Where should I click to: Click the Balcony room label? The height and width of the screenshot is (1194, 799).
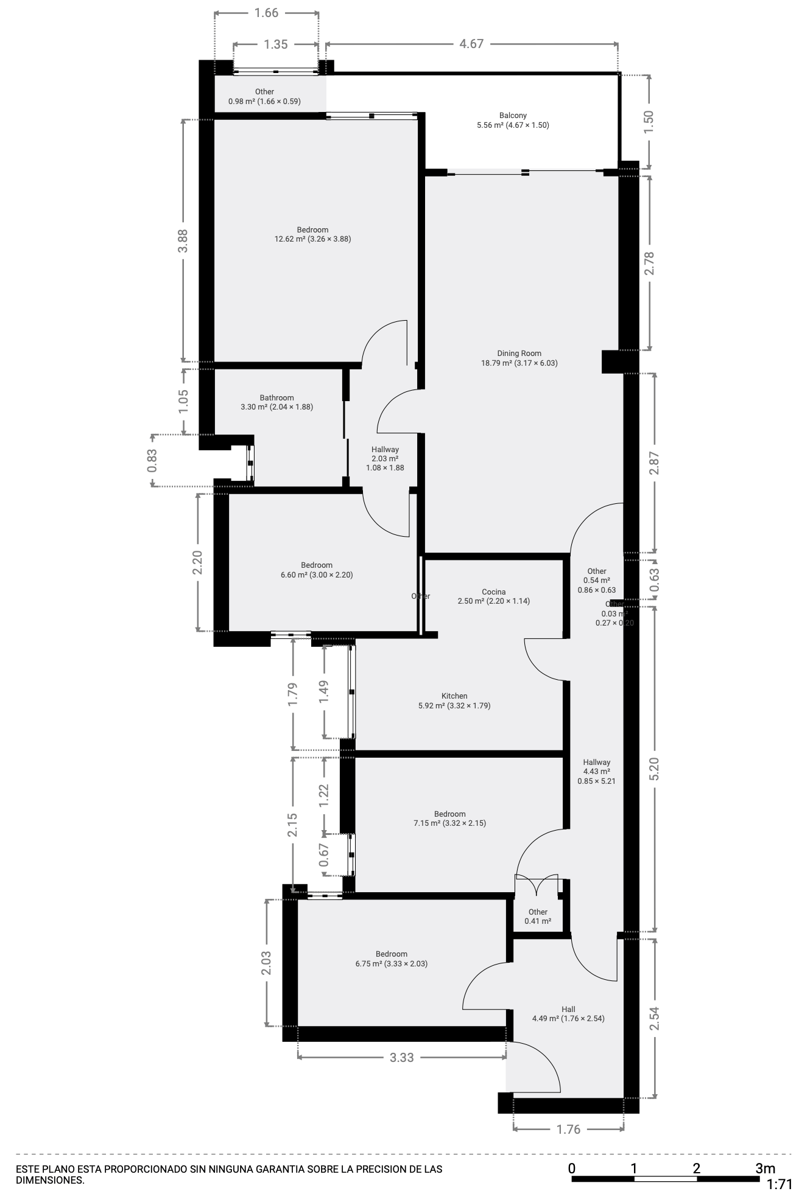tap(513, 120)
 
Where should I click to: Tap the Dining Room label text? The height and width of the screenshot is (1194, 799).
tap(519, 358)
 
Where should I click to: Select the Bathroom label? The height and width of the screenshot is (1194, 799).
tap(276, 402)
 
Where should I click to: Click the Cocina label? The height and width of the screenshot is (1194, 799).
tap(493, 596)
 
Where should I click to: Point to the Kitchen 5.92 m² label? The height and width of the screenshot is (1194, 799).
tap(454, 700)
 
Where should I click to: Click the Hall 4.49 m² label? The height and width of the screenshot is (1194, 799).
tap(568, 1013)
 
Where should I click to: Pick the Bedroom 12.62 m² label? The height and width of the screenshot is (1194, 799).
tap(312, 234)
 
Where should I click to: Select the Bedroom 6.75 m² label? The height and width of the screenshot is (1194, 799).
tap(391, 958)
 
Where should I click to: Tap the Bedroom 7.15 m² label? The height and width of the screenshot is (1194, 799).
tap(449, 819)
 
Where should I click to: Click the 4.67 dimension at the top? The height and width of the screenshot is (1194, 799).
tap(471, 44)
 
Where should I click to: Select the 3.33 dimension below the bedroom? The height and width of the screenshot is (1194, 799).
tap(401, 1057)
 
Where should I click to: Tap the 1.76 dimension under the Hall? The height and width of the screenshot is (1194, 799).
tap(568, 1129)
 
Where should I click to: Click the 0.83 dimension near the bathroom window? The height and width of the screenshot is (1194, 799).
tap(152, 460)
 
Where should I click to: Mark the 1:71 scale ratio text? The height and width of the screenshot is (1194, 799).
tap(779, 1184)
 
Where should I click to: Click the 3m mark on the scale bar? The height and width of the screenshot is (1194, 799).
tap(765, 1168)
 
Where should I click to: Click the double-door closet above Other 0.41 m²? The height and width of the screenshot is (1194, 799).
tap(537, 885)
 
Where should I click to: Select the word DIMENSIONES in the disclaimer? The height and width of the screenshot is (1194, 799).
tap(49, 1180)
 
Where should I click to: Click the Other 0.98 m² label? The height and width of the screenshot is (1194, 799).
tap(264, 96)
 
